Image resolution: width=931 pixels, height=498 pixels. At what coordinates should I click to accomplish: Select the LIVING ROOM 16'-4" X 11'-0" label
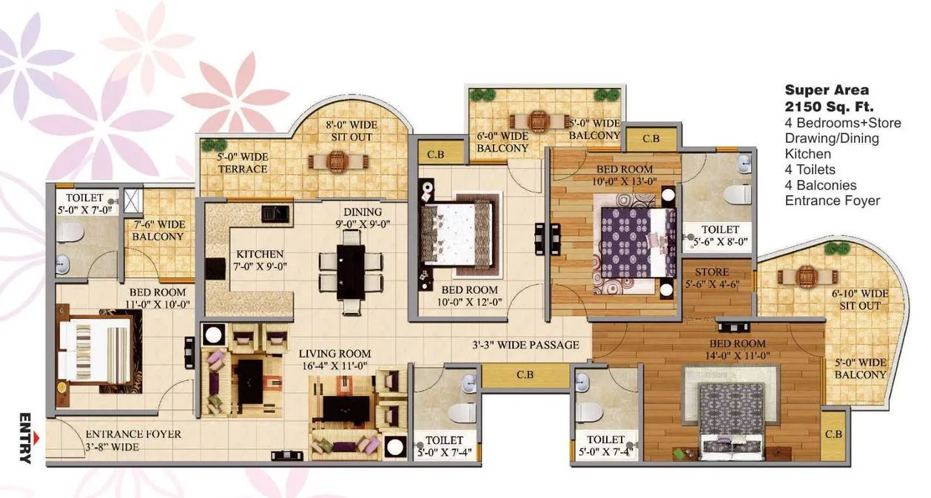[336, 359]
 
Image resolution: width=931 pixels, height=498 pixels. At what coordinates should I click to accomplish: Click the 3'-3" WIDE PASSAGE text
[525, 345]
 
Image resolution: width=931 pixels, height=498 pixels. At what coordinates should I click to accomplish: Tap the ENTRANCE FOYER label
[132, 440]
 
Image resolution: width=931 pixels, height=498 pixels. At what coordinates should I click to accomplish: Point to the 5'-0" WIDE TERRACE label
[243, 163]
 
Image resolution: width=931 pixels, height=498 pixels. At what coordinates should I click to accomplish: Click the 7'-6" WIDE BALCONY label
[158, 230]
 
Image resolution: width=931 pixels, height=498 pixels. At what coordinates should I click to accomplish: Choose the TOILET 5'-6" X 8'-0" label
[720, 235]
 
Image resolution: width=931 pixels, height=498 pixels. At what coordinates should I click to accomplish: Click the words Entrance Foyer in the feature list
[833, 201]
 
